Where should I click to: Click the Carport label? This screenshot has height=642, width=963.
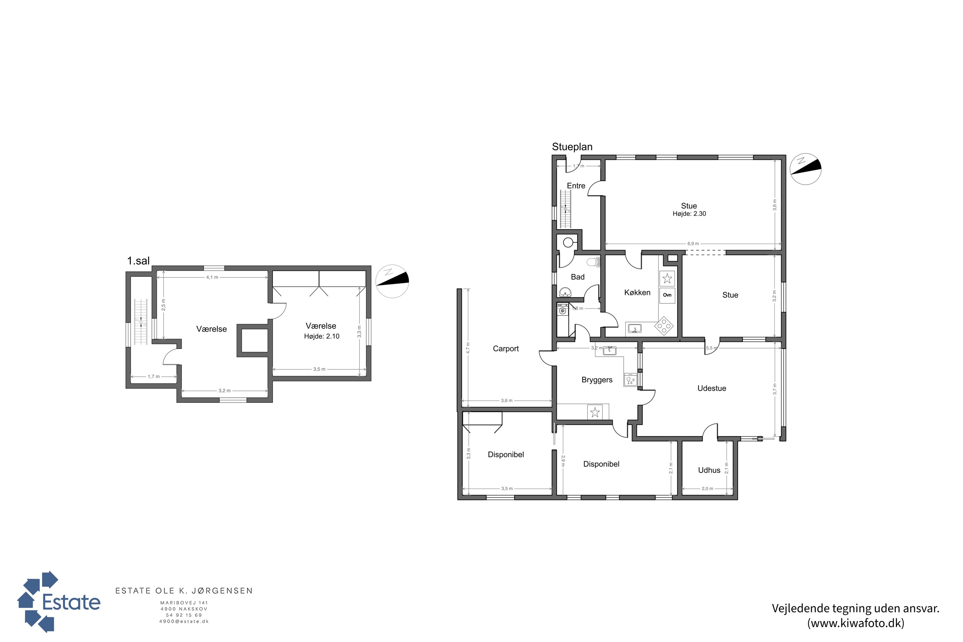point(506,349)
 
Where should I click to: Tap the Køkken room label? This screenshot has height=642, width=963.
point(637,292)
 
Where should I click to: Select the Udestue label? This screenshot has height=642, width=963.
point(712,388)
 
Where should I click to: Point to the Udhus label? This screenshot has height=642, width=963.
point(709,470)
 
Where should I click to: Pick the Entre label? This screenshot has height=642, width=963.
point(576,186)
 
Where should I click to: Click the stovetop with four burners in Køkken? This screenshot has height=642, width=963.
point(664,326)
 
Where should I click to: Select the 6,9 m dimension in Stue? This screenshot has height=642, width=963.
point(693,244)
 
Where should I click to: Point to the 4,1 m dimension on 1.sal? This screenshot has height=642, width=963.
point(212,277)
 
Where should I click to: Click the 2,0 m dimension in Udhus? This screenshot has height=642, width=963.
point(707,489)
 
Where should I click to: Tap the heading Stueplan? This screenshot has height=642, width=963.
point(572,147)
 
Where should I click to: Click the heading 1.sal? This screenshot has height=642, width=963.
point(138,261)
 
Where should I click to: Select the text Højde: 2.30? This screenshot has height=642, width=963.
point(689,214)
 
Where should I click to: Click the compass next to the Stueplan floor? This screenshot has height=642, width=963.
point(805,169)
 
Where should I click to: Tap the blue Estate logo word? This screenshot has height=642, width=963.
point(71,602)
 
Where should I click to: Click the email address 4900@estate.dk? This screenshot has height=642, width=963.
point(184,621)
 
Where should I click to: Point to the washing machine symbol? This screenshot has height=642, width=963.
point(563,310)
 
